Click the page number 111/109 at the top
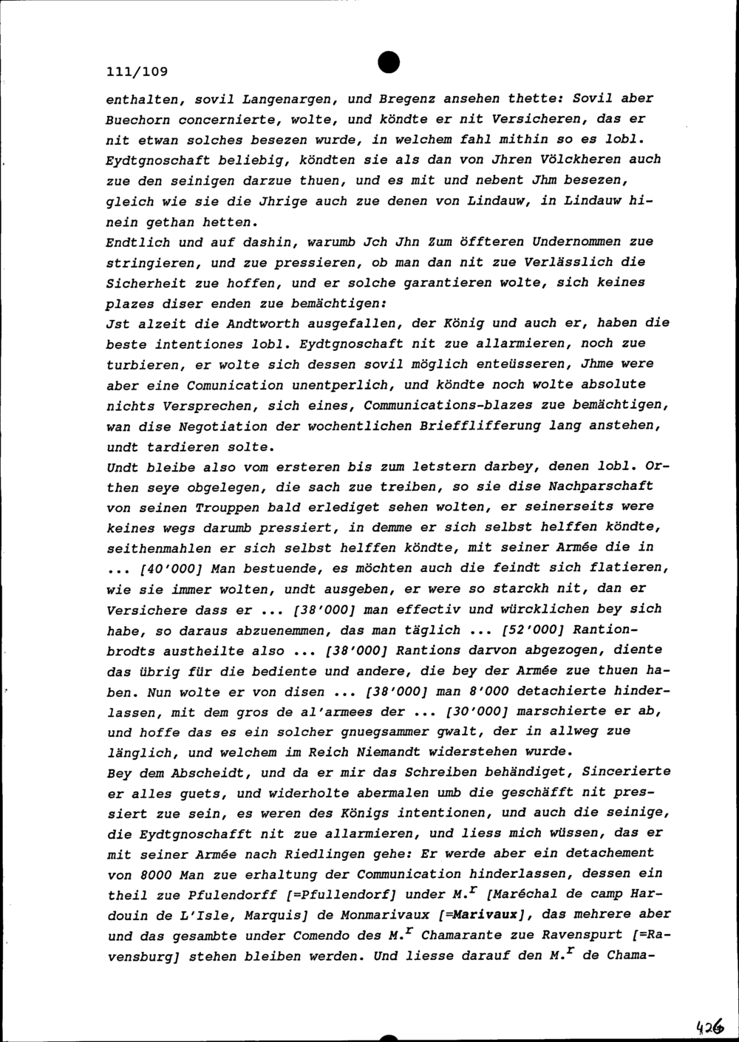pyautogui.click(x=137, y=72)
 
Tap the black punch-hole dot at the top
pyautogui.click(x=387, y=64)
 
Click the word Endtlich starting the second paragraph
pyautogui.click(x=138, y=242)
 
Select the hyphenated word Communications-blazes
pyautogui.click(x=463, y=405)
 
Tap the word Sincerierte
pyautogui.click(x=627, y=772)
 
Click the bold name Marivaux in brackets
pyautogui.click(x=488, y=914)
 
